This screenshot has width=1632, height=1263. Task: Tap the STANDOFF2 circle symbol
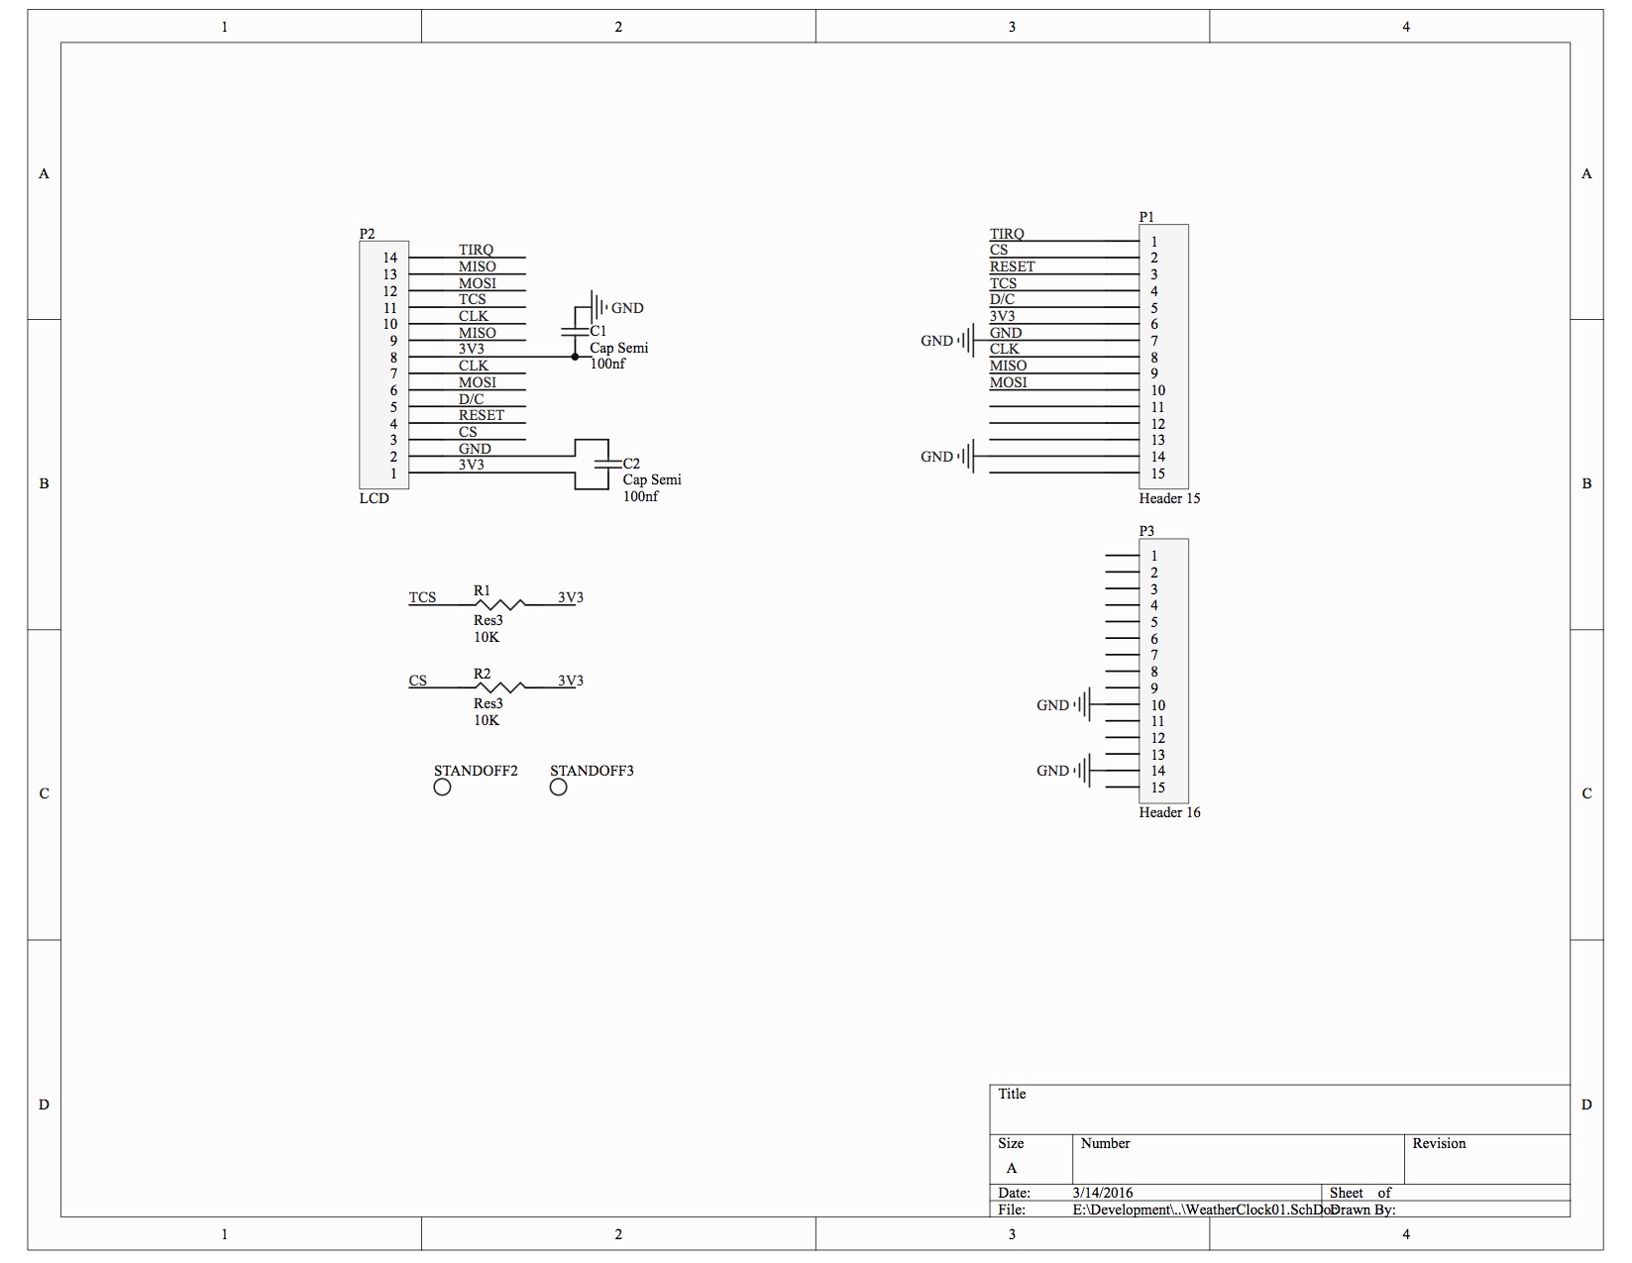pos(442,788)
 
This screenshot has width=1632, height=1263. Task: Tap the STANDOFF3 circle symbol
pos(558,788)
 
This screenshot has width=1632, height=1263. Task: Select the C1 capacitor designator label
pos(598,331)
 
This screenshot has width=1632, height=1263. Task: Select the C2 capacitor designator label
pos(631,464)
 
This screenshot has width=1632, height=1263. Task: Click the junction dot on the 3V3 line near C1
pos(575,357)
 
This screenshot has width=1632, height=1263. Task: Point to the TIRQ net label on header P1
pos(1007,234)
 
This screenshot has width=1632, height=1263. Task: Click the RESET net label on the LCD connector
pos(481,415)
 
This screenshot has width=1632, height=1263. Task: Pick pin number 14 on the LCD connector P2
pos(390,258)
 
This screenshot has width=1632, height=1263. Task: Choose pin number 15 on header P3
pos(1157,789)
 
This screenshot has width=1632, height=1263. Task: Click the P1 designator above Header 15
pos(1146,217)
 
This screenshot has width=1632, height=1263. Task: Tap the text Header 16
pos(1169,812)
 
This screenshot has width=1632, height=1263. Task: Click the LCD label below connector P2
pos(374,498)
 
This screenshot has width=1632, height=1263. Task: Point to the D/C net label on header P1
pos(1002,299)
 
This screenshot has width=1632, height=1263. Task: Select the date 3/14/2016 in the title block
pos(1102,1194)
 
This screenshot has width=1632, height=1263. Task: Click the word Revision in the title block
pos(1439,1143)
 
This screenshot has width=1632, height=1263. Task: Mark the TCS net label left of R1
pos(422,597)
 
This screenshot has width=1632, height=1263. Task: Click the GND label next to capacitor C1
pos(627,308)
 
